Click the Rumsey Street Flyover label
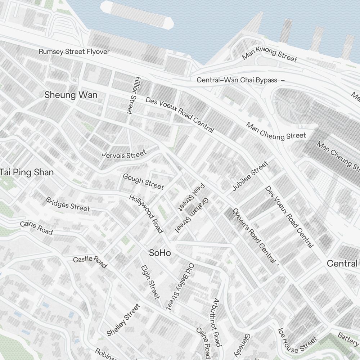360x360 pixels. click(74, 52)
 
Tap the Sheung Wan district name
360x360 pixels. click(71, 95)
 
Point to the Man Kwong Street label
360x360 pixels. click(269, 54)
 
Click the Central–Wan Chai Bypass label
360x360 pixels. click(237, 80)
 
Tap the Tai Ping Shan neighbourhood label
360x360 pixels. click(27, 172)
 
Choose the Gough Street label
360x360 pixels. click(143, 181)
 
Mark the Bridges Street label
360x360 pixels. click(67, 204)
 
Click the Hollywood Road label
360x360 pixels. click(146, 213)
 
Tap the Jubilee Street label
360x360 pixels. click(250, 176)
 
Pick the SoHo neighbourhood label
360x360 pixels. click(160, 253)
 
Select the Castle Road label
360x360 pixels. click(90, 262)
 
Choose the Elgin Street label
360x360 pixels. click(150, 282)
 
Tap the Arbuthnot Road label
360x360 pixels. click(216, 322)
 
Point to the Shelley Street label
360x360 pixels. click(123, 320)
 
